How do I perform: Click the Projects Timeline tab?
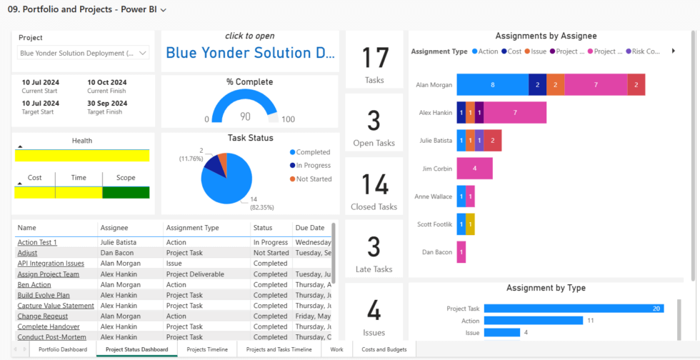(x=207, y=349)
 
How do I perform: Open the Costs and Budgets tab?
(x=384, y=349)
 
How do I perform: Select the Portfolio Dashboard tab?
(x=63, y=349)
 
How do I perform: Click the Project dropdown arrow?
(x=142, y=53)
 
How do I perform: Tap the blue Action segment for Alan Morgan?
(x=492, y=84)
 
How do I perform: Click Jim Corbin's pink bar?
(x=474, y=169)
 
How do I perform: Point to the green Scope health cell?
(x=126, y=192)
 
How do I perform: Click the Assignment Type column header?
(x=192, y=228)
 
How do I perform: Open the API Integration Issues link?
(x=50, y=264)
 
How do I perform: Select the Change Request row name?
(x=43, y=316)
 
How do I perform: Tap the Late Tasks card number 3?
(x=374, y=246)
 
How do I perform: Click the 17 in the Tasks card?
(x=374, y=58)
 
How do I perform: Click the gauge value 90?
(x=245, y=116)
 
